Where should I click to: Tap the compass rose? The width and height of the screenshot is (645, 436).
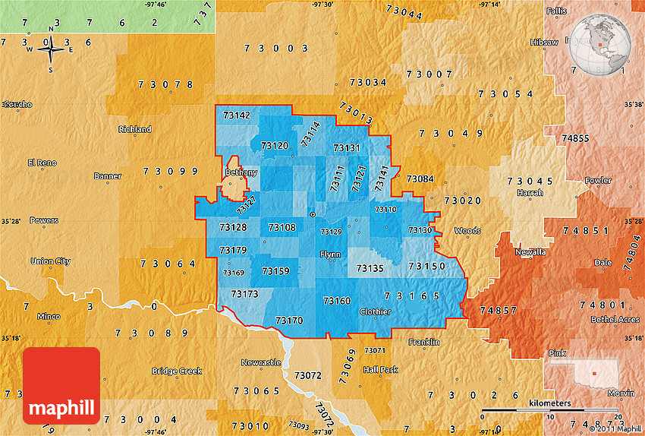pyautogui.click(x=51, y=51)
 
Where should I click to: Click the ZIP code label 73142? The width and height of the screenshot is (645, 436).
pyautogui.click(x=237, y=115)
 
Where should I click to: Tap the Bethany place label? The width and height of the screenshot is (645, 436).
pyautogui.click(x=241, y=173)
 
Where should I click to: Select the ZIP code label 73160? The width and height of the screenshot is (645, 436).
pyautogui.click(x=337, y=302)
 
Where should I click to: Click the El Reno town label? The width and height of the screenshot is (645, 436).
pyautogui.click(x=42, y=163)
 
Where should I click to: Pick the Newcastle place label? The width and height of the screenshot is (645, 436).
pyautogui.click(x=261, y=362)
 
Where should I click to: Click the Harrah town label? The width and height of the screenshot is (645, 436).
pyautogui.click(x=530, y=193)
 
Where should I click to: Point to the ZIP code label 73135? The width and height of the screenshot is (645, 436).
pyautogui.click(x=370, y=268)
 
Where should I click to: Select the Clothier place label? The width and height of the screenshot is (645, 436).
pyautogui.click(x=375, y=312)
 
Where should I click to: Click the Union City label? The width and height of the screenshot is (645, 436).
pyautogui.click(x=50, y=261)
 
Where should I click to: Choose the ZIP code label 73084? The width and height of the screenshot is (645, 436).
pyautogui.click(x=420, y=179)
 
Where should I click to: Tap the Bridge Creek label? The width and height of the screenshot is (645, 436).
pyautogui.click(x=177, y=371)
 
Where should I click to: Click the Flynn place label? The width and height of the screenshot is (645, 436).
pyautogui.click(x=330, y=254)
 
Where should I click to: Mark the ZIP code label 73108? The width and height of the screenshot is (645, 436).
pyautogui.click(x=282, y=227)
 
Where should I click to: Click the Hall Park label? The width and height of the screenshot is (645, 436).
pyautogui.click(x=380, y=370)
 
